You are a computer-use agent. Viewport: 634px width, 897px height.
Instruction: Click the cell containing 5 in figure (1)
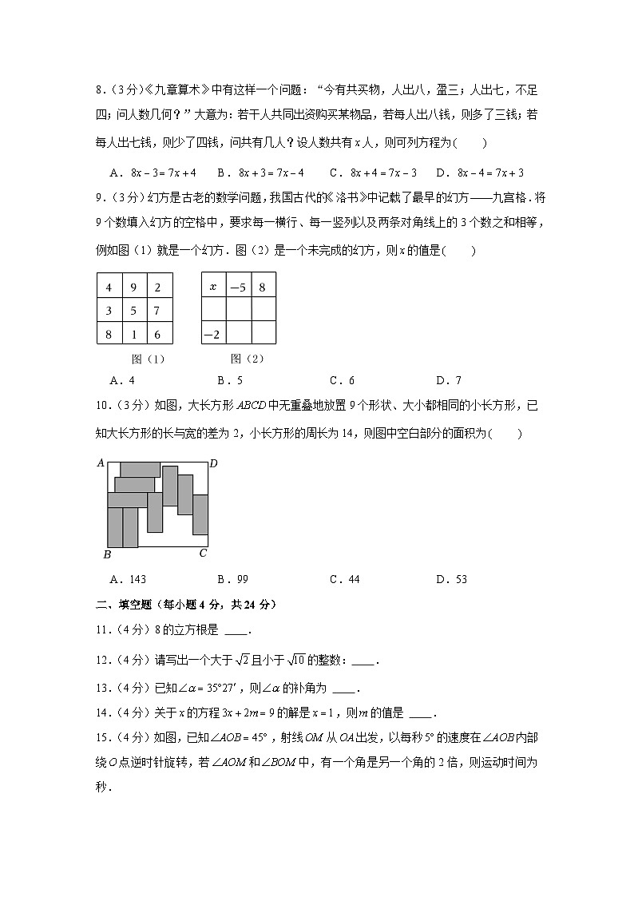[x=134, y=311]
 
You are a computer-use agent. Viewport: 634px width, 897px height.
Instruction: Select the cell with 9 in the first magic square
[x=134, y=287]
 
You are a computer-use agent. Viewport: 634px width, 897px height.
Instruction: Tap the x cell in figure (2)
[x=213, y=286]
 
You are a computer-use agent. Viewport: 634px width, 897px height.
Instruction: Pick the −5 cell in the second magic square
[x=238, y=286]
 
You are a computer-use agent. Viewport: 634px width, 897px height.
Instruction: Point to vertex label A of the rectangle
[x=101, y=462]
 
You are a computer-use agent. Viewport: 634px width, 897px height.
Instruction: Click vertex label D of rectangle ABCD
[x=213, y=463]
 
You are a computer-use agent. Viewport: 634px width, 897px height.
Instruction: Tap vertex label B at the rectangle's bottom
[x=107, y=555]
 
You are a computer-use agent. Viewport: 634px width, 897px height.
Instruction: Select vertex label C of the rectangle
[x=203, y=553]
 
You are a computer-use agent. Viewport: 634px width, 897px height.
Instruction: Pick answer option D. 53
[x=451, y=579]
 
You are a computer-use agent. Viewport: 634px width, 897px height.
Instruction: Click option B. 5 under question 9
[x=230, y=380]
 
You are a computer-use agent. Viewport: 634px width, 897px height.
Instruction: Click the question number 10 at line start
[x=101, y=407]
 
